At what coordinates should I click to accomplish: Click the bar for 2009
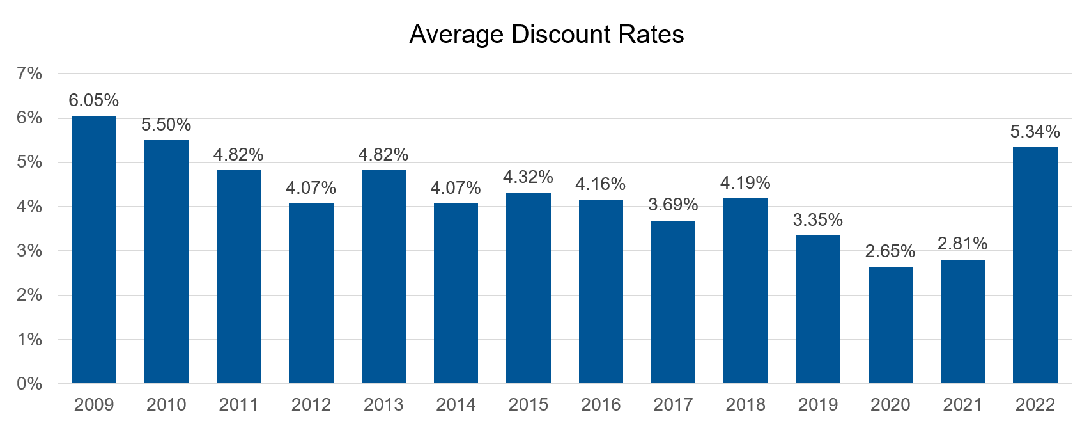[94, 249]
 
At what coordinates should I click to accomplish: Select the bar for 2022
[1035, 265]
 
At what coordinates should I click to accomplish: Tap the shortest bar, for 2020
[890, 325]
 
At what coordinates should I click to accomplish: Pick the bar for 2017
[673, 302]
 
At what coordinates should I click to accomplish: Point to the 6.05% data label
[94, 100]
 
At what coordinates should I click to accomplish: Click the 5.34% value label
[1035, 132]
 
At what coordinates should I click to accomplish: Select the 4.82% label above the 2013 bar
[383, 155]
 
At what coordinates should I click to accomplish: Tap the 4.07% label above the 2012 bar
[311, 188]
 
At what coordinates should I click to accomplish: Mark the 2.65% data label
[890, 251]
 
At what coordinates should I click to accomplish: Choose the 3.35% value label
[818, 220]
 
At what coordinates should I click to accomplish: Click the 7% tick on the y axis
[29, 74]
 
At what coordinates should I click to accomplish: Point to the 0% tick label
[29, 384]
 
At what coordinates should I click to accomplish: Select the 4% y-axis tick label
[29, 207]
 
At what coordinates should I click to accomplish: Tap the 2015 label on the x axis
[529, 405]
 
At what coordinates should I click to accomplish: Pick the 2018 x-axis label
[746, 405]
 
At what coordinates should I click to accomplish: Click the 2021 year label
[963, 405]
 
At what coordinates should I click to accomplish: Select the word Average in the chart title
[456, 35]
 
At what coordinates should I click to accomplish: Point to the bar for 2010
[166, 262]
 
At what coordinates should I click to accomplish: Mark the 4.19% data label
[746, 183]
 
